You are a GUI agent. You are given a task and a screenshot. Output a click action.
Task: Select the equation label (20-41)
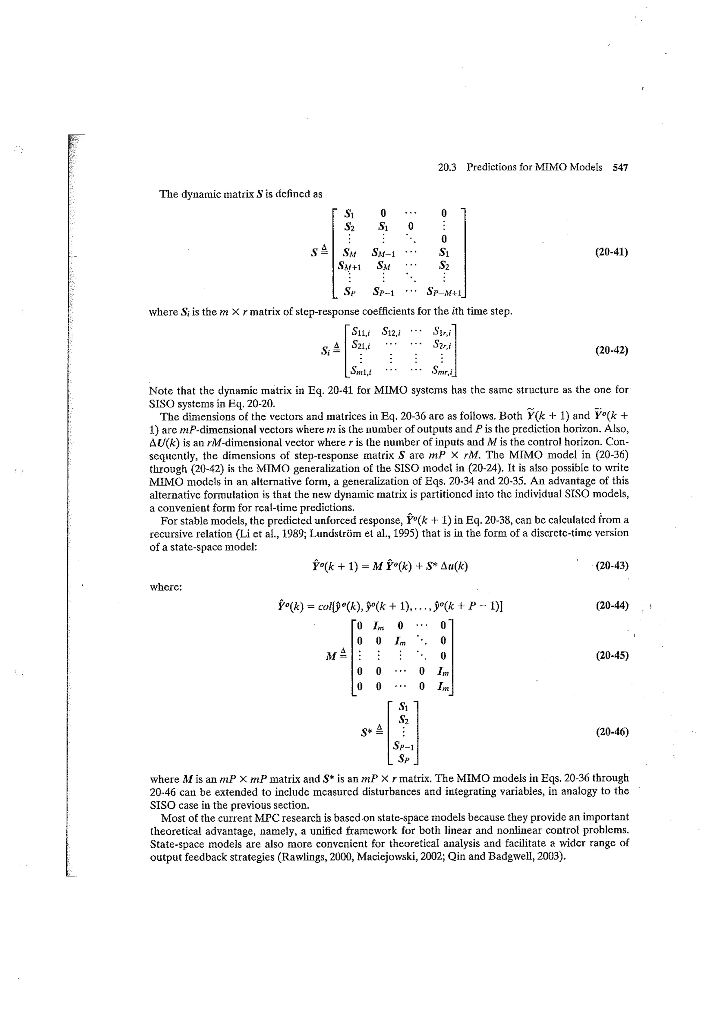click(611, 252)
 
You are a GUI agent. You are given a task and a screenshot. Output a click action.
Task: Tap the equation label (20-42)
click(611, 350)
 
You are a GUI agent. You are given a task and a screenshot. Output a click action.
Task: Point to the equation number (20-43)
click(611, 566)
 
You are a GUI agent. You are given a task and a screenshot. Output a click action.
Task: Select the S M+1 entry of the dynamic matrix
click(349, 266)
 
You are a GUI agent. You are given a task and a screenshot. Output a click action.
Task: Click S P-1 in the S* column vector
click(404, 746)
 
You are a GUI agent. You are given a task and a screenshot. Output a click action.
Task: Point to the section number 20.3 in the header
click(447, 167)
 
